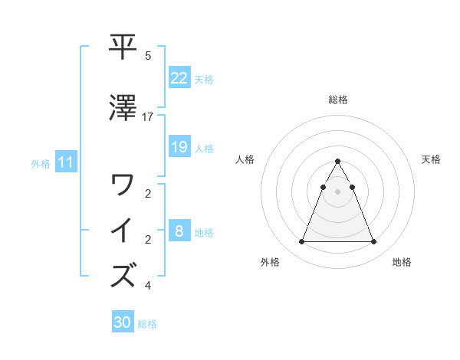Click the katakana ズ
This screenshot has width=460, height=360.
click(x=123, y=273)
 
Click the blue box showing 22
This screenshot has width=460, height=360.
click(x=179, y=77)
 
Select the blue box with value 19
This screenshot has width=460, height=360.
click(x=179, y=147)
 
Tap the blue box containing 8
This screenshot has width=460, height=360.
click(x=179, y=231)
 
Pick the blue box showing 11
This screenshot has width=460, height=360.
click(x=65, y=162)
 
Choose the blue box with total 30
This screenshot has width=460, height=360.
click(x=123, y=322)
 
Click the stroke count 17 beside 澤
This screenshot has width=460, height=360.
click(x=148, y=116)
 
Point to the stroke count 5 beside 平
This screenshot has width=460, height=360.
click(x=148, y=56)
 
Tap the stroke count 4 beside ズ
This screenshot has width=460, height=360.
click(x=148, y=286)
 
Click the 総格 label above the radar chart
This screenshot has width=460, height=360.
click(x=337, y=100)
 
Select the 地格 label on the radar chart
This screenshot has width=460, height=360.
click(x=402, y=263)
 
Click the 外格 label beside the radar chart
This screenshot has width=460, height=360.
click(x=270, y=263)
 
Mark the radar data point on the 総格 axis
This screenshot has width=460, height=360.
click(x=337, y=161)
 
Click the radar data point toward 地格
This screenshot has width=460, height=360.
click(x=373, y=242)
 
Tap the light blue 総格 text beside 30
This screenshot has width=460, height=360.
click(x=147, y=324)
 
